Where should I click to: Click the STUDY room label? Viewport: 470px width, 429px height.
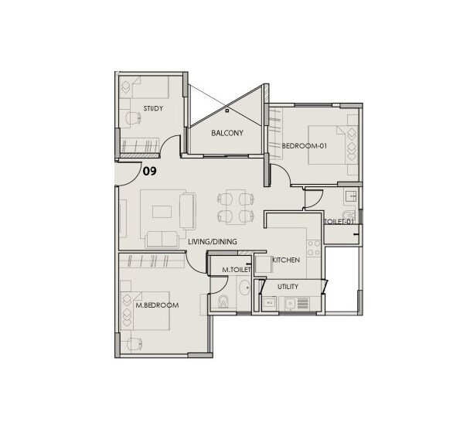[153, 108]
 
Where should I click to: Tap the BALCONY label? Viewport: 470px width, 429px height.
[227, 133]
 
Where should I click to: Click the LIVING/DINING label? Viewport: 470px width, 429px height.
[213, 242]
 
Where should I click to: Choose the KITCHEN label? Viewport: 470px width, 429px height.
[286, 260]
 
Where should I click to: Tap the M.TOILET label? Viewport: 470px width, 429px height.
[234, 270]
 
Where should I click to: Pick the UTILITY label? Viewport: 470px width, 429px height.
[288, 287]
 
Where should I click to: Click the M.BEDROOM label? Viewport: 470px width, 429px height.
[157, 305]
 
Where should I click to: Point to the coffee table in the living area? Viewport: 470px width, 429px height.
[163, 210]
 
